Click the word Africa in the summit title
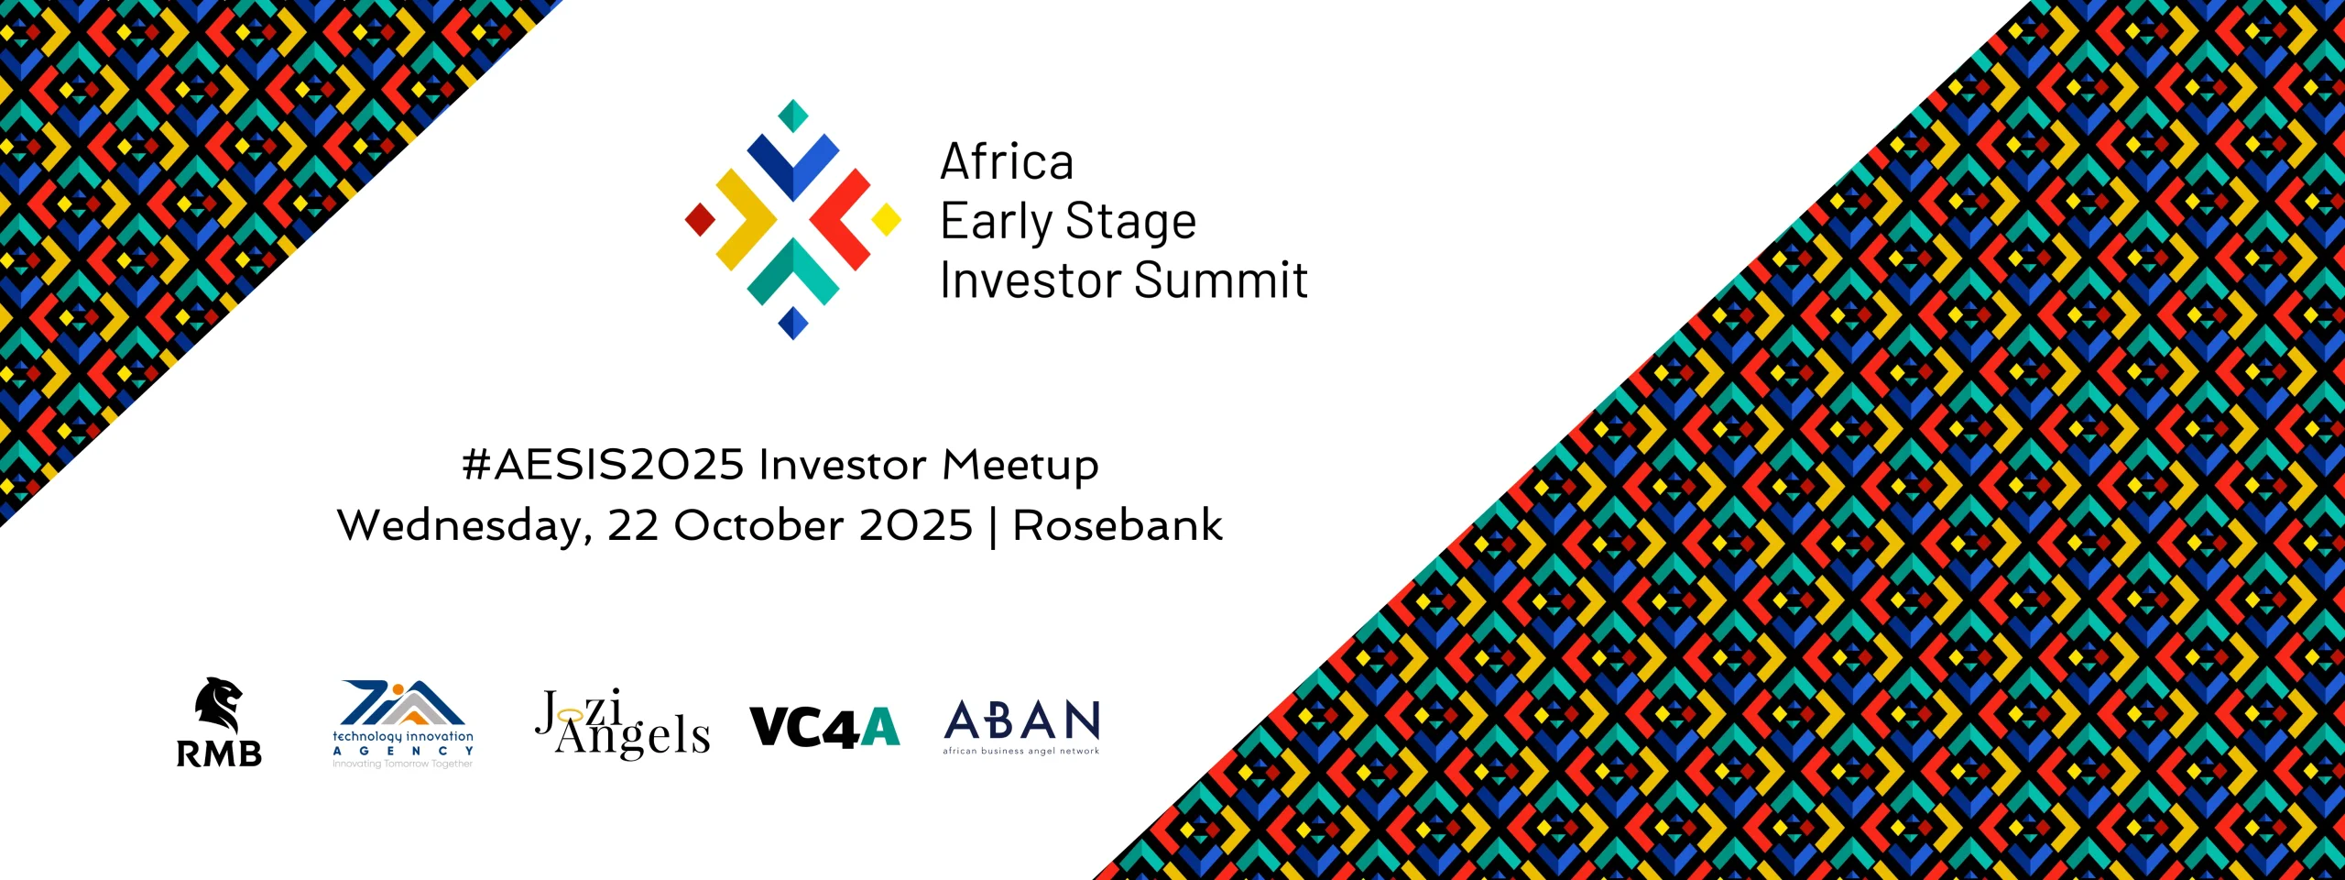click(1007, 162)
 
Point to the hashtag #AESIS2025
click(604, 465)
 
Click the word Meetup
click(1020, 466)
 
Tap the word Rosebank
click(1118, 525)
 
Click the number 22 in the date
click(634, 526)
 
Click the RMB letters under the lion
click(219, 753)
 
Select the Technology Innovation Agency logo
click(403, 724)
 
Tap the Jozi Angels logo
click(623, 724)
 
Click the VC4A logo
click(824, 728)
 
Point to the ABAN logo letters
click(1021, 720)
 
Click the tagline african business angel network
click(1021, 751)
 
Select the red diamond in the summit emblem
click(701, 220)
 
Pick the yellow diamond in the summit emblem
click(886, 220)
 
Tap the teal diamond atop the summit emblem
click(793, 115)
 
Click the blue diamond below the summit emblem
click(793, 324)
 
